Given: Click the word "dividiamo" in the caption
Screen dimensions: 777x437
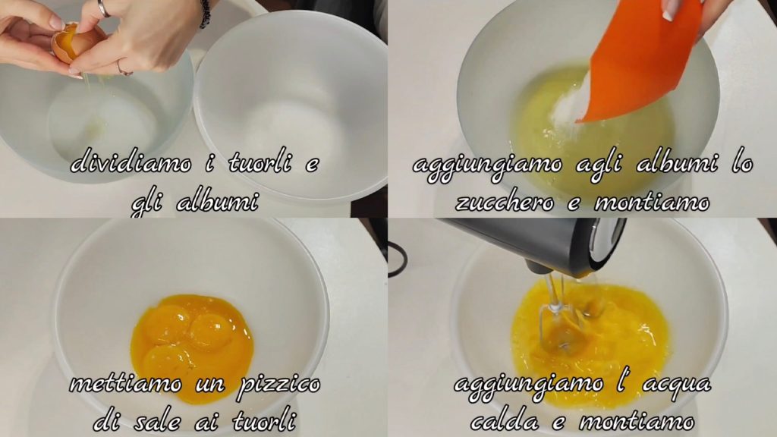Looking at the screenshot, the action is [x=131, y=165].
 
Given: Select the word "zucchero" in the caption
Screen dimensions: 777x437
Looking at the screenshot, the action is [x=505, y=203].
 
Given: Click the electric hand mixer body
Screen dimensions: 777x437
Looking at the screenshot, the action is [x=540, y=244].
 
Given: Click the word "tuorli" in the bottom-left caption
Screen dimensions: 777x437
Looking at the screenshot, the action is [x=264, y=422].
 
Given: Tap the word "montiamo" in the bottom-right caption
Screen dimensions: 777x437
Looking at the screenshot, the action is [x=637, y=422].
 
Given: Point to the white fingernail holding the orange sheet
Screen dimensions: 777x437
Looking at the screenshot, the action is [x=669, y=11].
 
